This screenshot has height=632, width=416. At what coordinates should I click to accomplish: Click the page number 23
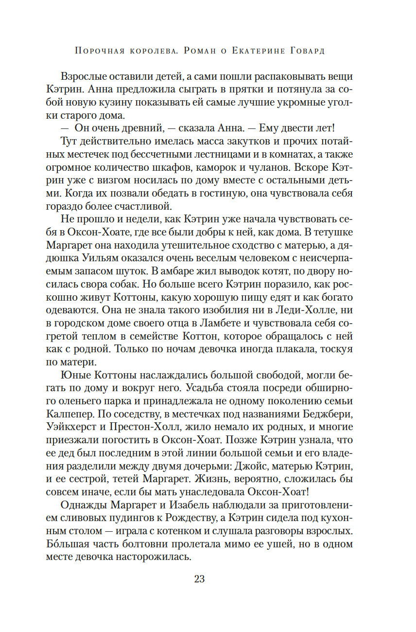199,579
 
